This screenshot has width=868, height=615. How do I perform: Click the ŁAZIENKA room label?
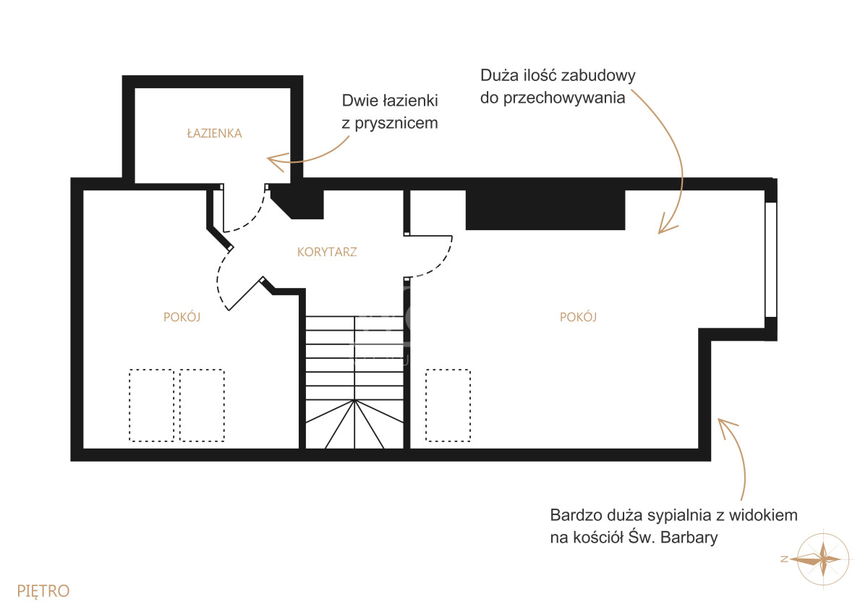pos(214,133)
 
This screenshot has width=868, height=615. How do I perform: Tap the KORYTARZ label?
pos(327,252)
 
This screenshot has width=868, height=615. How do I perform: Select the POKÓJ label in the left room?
pos(182,317)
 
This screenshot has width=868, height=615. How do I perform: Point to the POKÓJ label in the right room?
pos(578,317)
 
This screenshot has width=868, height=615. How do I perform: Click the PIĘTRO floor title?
pos(43,590)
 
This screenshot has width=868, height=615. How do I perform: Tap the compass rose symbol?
pos(822,559)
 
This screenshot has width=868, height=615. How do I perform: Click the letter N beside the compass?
pos(784,559)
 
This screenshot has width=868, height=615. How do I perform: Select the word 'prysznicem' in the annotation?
pos(396,124)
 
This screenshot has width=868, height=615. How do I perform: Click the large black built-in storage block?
pos(545,210)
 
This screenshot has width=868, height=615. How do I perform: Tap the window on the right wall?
pos(771,260)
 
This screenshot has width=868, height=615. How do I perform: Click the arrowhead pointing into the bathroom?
pos(276,161)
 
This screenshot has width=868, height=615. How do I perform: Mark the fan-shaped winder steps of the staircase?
pos(354,424)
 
